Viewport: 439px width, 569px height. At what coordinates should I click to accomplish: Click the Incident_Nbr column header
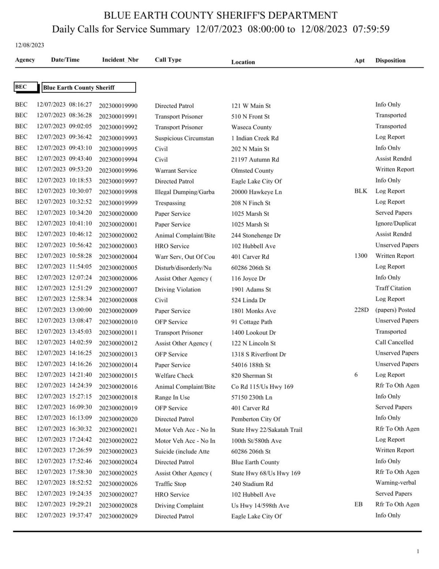(120, 60)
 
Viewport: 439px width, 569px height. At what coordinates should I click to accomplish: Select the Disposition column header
(390, 60)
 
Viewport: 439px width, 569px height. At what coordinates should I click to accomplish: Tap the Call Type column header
(168, 60)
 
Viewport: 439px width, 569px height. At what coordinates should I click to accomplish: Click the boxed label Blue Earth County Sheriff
(89, 88)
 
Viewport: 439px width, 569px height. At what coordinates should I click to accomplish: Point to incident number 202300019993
(118, 138)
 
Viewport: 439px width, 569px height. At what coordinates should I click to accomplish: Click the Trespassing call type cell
(170, 203)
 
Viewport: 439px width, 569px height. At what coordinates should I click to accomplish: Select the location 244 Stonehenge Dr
(256, 235)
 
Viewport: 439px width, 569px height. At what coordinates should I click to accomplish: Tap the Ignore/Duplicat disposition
(395, 223)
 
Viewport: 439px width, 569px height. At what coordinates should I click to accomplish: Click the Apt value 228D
(361, 310)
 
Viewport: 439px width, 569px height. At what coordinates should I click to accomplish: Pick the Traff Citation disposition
(393, 288)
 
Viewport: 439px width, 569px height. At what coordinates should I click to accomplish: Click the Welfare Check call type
(174, 376)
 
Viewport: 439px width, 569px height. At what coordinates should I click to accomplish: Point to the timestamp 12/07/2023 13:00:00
(64, 310)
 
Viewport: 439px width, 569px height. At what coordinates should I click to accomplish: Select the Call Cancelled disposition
(394, 342)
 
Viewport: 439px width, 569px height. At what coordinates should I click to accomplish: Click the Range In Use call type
(172, 397)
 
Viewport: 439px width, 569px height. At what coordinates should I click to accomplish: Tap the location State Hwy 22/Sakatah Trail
(267, 430)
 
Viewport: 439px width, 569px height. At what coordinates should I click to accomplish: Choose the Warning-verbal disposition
(395, 483)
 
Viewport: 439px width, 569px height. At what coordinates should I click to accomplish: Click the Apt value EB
(358, 504)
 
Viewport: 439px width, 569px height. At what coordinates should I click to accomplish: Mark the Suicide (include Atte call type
(182, 451)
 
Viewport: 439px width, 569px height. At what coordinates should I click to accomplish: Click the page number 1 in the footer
(418, 551)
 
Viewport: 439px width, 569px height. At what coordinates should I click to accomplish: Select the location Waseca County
(251, 127)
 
